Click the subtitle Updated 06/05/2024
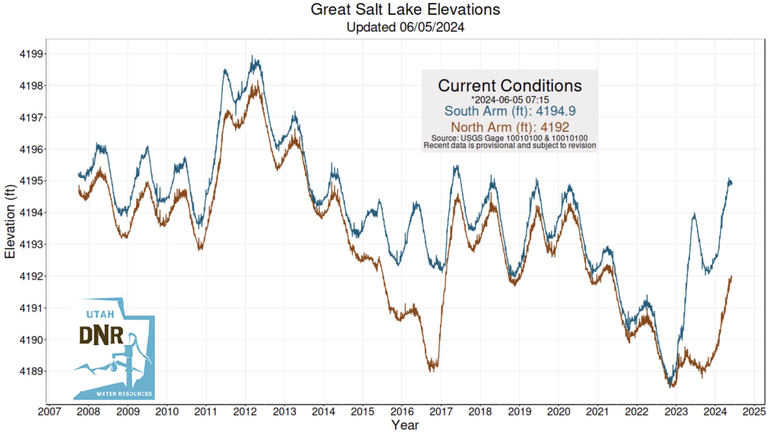[405, 27]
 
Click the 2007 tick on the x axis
[49, 412]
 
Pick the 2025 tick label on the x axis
[754, 412]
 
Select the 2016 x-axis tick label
[402, 412]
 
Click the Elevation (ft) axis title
[10, 221]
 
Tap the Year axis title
[405, 425]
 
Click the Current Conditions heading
[510, 86]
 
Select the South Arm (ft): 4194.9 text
[510, 111]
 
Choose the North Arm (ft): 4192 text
[510, 127]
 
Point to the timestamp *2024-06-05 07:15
[510, 100]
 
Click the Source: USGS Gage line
[510, 138]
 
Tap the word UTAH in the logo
[100, 314]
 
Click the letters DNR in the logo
[101, 336]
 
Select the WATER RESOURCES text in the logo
[124, 394]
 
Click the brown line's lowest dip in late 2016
[431, 371]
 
